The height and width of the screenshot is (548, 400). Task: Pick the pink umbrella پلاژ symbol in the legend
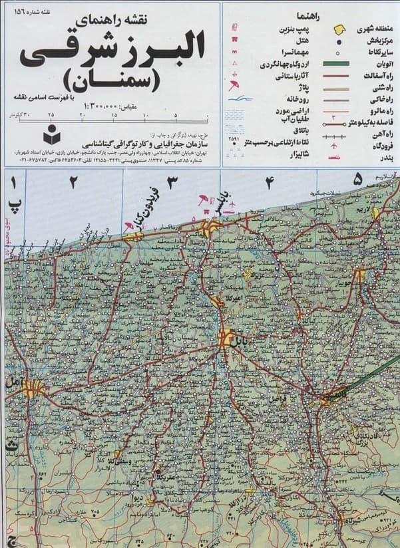coord(233,87)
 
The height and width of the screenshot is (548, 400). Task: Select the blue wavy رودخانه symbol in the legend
coord(237,100)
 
